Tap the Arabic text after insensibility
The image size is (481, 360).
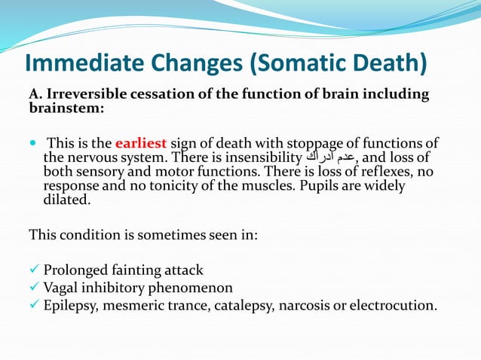click(330, 158)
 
